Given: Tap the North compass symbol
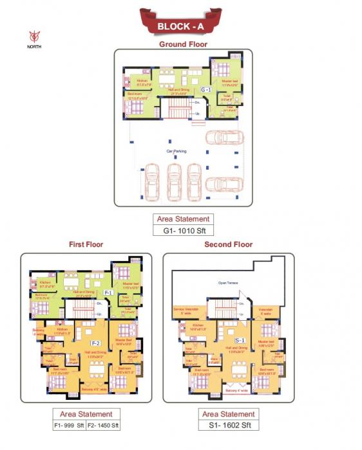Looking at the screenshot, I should click(34, 35).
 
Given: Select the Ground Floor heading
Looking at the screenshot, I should click(183, 44).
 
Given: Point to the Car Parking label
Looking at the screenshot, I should click(176, 151).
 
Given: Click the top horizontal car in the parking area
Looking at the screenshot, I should click(224, 138).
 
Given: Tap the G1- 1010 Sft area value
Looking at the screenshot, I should click(184, 230).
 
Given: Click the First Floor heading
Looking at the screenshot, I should click(86, 244).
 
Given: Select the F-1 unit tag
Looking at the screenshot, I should click(108, 292).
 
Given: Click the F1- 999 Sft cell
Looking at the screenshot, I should click(68, 425).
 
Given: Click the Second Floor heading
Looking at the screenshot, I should click(228, 244).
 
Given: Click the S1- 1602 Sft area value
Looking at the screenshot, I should click(228, 425).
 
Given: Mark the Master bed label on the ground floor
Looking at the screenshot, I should click(230, 81).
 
